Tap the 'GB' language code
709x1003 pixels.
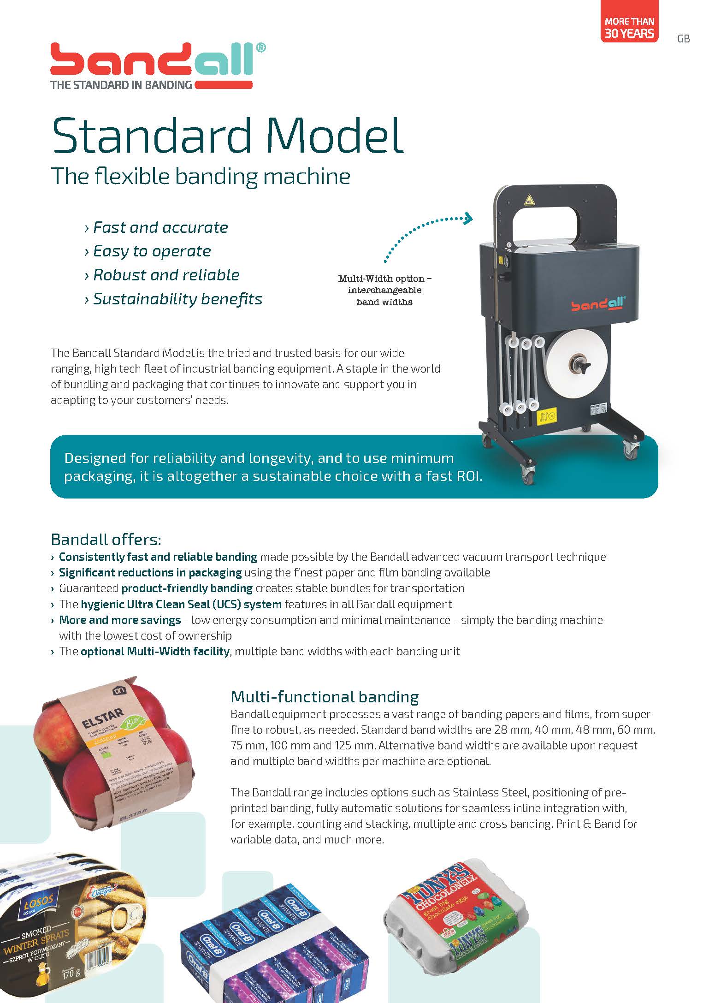pos(683,39)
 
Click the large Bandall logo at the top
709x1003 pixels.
pos(157,65)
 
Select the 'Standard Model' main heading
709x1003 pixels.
pos(228,136)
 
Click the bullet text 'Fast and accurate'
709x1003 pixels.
pos(160,227)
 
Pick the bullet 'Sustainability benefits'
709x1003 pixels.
pos(177,299)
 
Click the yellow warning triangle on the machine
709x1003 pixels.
pos(529,200)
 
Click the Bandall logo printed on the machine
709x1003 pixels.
pos(598,305)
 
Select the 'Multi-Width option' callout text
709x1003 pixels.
pos(384,290)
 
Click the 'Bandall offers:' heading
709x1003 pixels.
pos(106,539)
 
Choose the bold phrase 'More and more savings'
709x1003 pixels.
pos(120,620)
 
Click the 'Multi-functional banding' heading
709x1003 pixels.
pos(325,696)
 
